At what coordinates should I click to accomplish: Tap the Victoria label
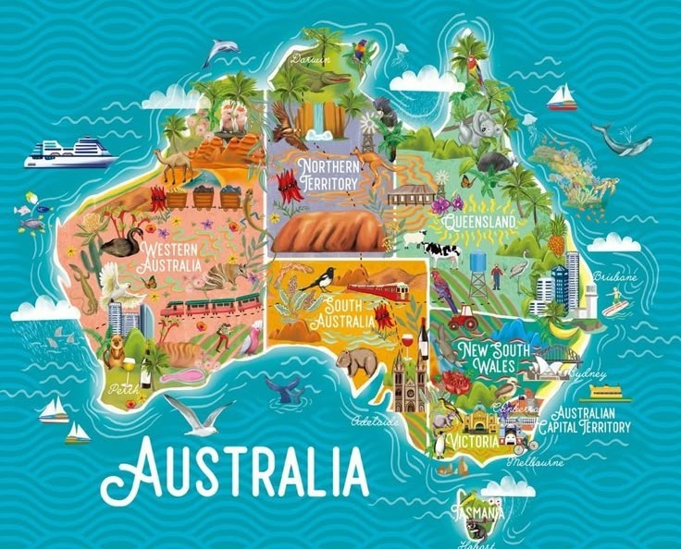474,441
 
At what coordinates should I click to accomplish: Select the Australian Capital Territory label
591,420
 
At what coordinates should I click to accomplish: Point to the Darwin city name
308,58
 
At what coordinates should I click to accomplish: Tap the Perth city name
122,390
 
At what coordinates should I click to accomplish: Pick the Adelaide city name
378,421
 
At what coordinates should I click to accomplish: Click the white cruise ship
69,152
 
